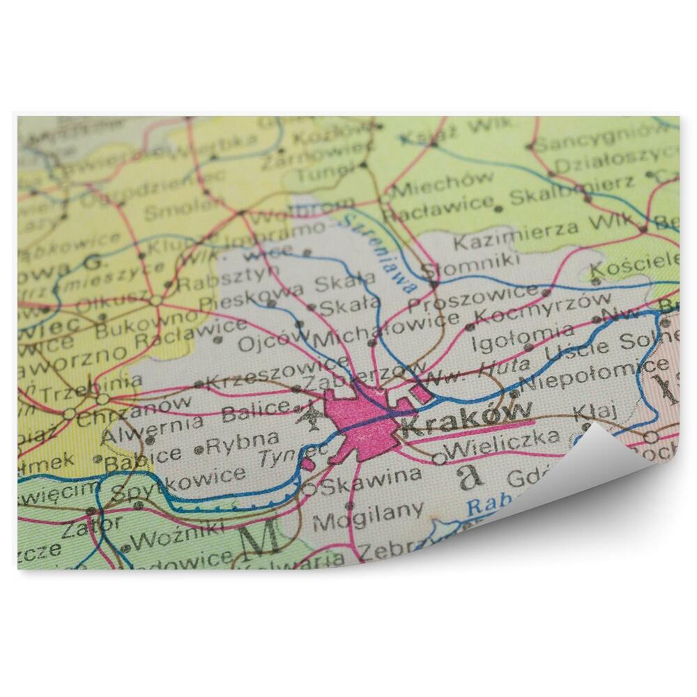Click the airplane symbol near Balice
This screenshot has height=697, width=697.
pyautogui.click(x=309, y=418)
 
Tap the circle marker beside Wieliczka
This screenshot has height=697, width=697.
pyautogui.click(x=438, y=458)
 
